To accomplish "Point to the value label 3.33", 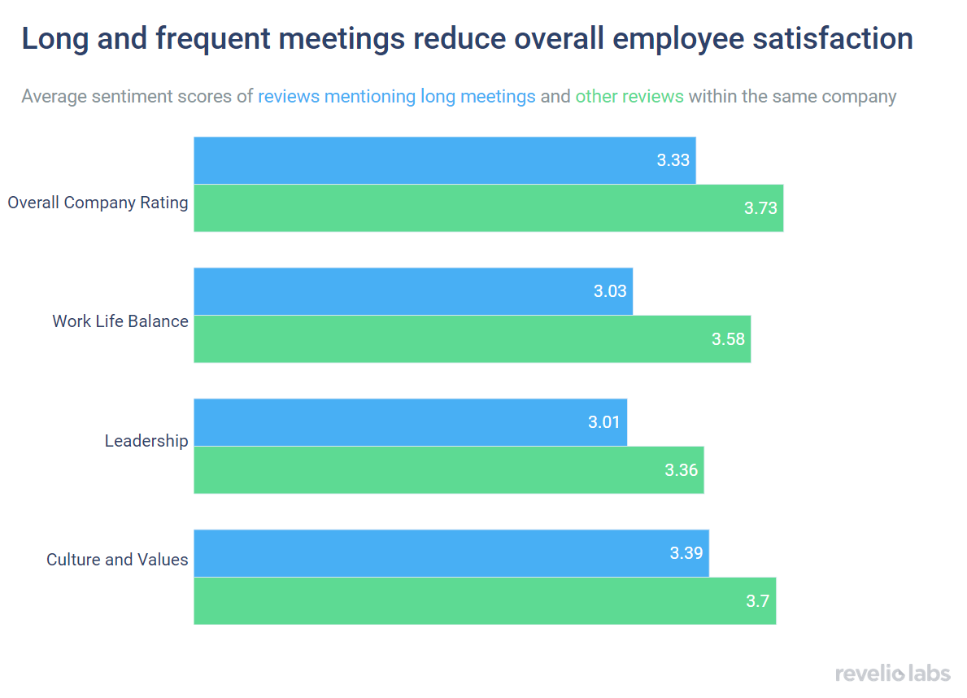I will [x=673, y=160].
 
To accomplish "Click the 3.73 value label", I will [x=760, y=208].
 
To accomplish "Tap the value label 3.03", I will [x=610, y=291].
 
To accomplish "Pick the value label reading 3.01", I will [x=604, y=422].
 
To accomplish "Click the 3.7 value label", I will [x=757, y=601].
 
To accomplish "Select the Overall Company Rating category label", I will [x=98, y=203].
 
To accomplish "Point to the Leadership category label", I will [x=146, y=441].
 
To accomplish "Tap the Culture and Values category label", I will [x=117, y=560].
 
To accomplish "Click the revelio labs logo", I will [x=892, y=673].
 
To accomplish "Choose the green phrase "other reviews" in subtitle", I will [x=629, y=97].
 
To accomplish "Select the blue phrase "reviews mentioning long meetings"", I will [x=397, y=97].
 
